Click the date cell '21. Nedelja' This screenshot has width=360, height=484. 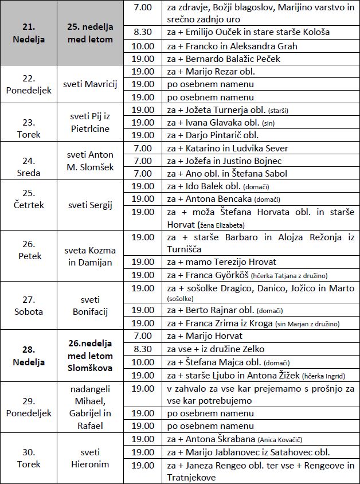[x=29, y=33]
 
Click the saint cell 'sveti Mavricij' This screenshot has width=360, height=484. [x=93, y=84]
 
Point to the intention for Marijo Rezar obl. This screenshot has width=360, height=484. [x=210, y=72]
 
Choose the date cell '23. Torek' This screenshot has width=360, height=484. [x=29, y=122]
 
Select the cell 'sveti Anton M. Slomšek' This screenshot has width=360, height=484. [x=93, y=161]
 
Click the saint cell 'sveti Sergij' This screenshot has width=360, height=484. [x=93, y=205]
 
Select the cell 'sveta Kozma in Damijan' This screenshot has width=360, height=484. [x=93, y=256]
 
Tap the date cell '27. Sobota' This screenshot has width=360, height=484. [x=29, y=306]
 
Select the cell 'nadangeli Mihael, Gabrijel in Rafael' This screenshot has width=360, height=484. [x=93, y=407]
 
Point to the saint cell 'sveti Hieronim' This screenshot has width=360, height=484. [x=93, y=458]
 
